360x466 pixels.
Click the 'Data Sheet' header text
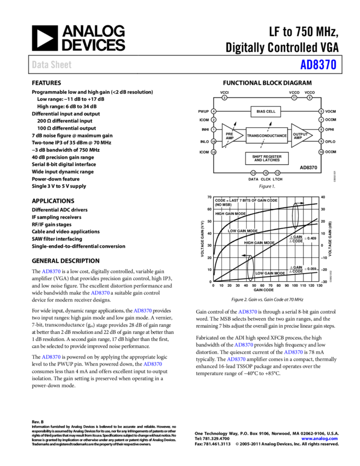point(52,65)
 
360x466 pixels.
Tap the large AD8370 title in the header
point(318,65)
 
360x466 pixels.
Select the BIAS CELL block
point(266,111)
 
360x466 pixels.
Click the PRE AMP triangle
point(230,135)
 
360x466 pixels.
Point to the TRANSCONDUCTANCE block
point(266,135)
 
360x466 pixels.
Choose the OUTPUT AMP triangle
point(300,135)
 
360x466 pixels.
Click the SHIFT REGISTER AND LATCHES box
point(267,158)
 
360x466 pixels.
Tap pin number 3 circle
point(224,98)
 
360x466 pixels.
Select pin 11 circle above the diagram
point(294,98)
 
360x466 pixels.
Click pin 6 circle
point(310,98)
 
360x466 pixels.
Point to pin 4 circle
point(214,111)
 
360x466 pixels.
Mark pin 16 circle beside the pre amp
point(214,141)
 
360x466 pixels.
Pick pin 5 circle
point(321,111)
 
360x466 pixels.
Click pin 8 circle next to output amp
point(321,130)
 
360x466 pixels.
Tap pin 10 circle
point(321,152)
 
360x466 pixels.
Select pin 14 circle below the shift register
point(253,173)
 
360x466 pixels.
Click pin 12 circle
point(277,173)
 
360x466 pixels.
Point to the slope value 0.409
point(311,238)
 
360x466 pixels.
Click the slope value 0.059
point(311,269)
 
